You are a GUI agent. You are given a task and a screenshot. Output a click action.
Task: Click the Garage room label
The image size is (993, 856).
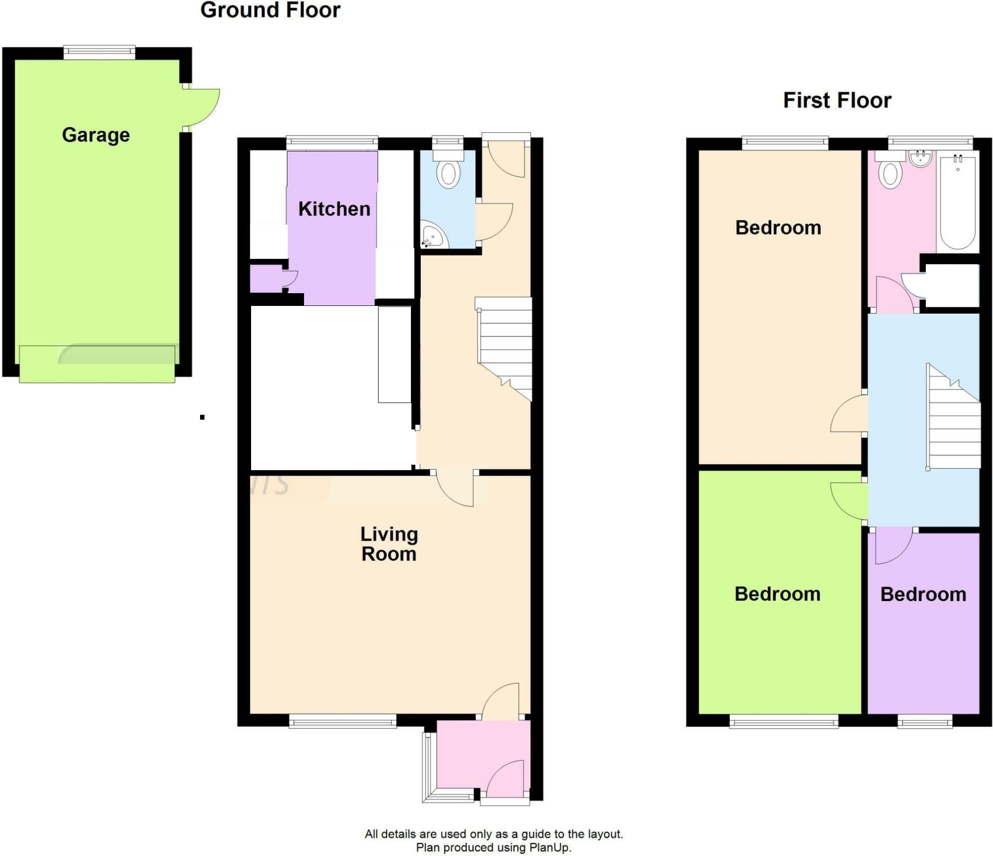[96, 135]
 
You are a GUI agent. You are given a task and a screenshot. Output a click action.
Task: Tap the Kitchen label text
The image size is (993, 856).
[334, 209]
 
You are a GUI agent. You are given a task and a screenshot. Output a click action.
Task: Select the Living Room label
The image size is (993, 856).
[389, 544]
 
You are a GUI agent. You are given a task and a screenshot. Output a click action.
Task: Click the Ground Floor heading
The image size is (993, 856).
[270, 10]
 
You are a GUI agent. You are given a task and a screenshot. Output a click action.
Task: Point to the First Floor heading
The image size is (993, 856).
[837, 101]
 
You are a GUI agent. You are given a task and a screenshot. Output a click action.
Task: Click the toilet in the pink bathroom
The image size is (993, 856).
[891, 169]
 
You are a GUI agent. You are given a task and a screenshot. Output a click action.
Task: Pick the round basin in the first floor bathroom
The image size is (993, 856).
[921, 158]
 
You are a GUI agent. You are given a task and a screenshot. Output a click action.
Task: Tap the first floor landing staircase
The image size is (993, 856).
[953, 417]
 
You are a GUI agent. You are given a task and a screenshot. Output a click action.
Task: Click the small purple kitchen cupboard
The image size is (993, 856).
[267, 279]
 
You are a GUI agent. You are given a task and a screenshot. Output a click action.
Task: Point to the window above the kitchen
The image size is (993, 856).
[332, 143]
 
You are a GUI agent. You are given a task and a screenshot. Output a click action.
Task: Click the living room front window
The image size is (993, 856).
[342, 721]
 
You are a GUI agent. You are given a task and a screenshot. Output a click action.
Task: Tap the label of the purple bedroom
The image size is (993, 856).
[923, 594]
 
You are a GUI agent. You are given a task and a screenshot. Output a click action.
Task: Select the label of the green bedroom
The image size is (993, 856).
[777, 594]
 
